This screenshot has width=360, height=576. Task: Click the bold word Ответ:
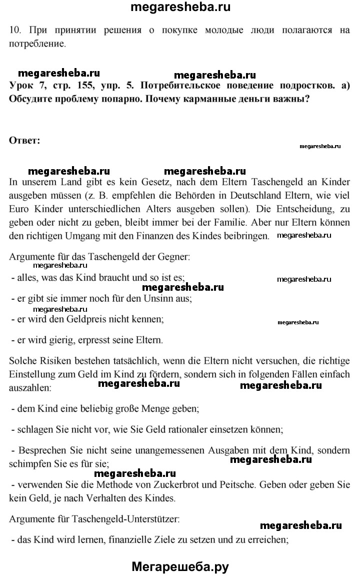point(24,140)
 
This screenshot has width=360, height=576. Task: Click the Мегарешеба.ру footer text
point(180,566)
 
